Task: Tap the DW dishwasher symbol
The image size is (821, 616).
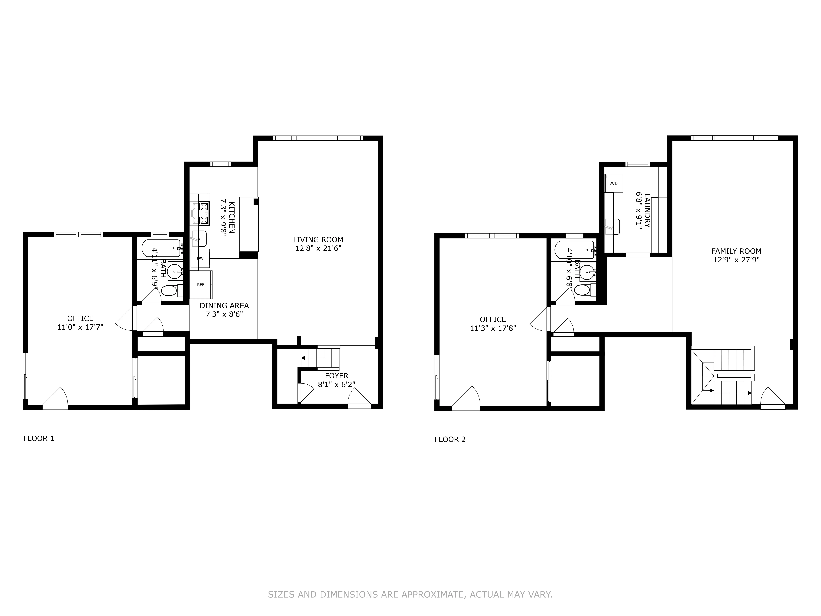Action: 200,258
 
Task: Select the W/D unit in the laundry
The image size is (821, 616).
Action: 614,183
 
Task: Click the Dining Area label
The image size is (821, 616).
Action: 224,306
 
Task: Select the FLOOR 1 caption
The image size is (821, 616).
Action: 39,438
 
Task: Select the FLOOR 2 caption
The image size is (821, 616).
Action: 450,440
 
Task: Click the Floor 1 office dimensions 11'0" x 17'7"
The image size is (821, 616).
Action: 80,327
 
